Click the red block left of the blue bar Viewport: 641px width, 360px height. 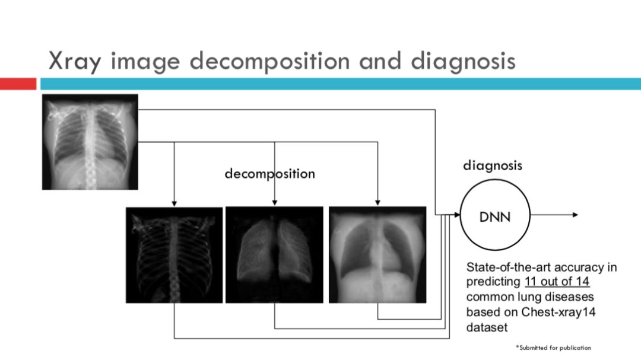(x=18, y=84)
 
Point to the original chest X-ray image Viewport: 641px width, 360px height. (x=90, y=142)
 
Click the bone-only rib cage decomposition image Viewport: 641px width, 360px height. (x=174, y=255)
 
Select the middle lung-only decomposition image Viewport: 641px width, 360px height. (x=274, y=255)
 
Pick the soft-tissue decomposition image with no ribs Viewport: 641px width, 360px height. (x=377, y=255)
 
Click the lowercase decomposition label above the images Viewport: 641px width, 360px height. (x=269, y=174)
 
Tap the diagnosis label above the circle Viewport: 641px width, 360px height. (x=493, y=165)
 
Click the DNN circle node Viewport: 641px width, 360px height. (x=494, y=215)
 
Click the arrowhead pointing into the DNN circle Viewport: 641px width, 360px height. (x=457, y=215)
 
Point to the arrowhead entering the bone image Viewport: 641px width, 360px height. (x=174, y=203)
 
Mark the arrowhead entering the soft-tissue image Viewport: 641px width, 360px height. (x=377, y=203)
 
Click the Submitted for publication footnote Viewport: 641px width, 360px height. (x=554, y=348)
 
